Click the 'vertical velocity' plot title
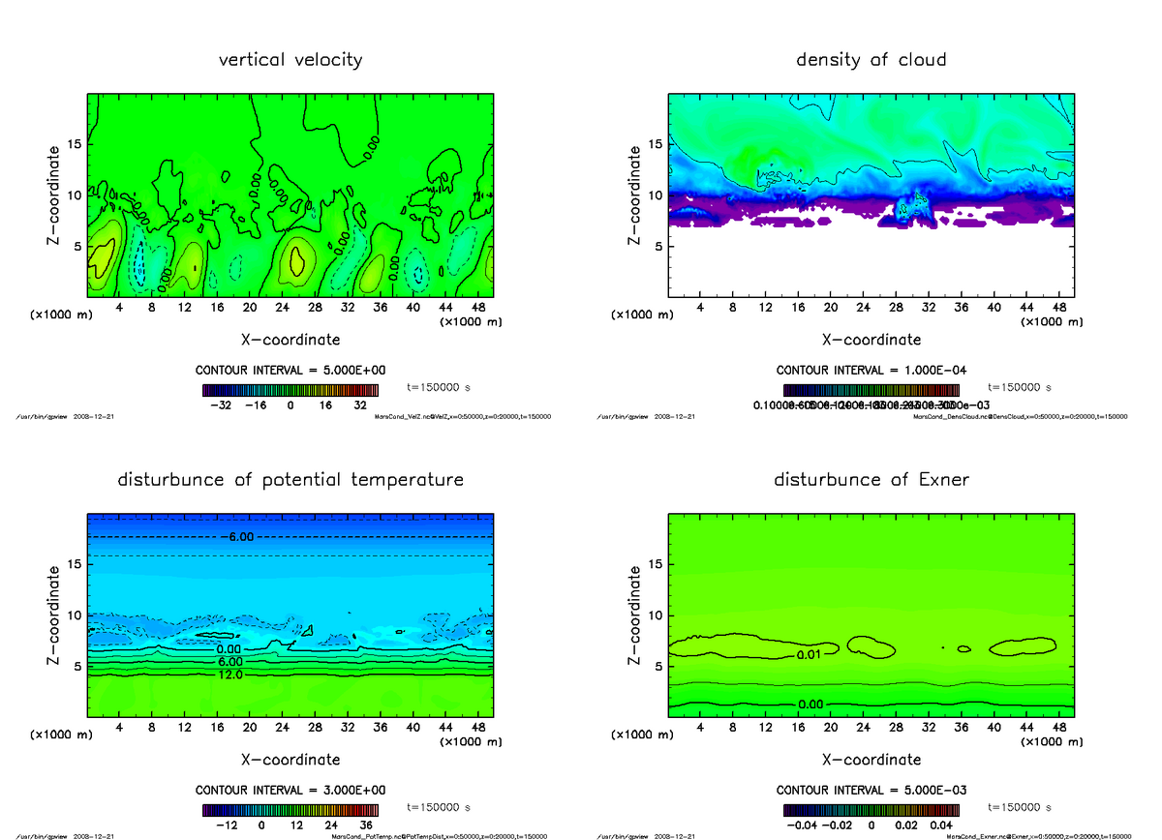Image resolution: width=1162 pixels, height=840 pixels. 290,60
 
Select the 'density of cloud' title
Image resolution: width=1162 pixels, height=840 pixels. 871,60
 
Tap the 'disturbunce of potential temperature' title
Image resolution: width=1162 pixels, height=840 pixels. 290,480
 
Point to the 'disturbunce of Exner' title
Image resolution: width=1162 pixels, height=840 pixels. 871,480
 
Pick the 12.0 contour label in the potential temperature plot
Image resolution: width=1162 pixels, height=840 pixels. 229,675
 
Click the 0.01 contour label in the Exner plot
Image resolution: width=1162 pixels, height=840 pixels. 809,656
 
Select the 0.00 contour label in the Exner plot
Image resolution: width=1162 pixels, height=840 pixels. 812,704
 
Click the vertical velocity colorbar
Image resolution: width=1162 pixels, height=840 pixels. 290,390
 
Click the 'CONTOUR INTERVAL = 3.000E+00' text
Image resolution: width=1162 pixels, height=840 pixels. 290,790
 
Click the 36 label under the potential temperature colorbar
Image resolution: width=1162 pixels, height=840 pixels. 367,825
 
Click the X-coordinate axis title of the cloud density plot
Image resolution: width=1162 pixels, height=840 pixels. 871,340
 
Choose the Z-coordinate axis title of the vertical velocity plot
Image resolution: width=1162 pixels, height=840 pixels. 55,195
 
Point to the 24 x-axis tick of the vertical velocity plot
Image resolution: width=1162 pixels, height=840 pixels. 283,308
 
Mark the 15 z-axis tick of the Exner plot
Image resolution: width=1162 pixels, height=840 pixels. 656,564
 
